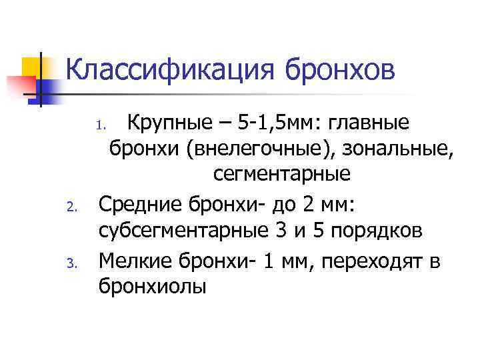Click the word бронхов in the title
click(x=340, y=69)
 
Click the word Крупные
click(x=170, y=123)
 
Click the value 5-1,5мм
click(x=265, y=123)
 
